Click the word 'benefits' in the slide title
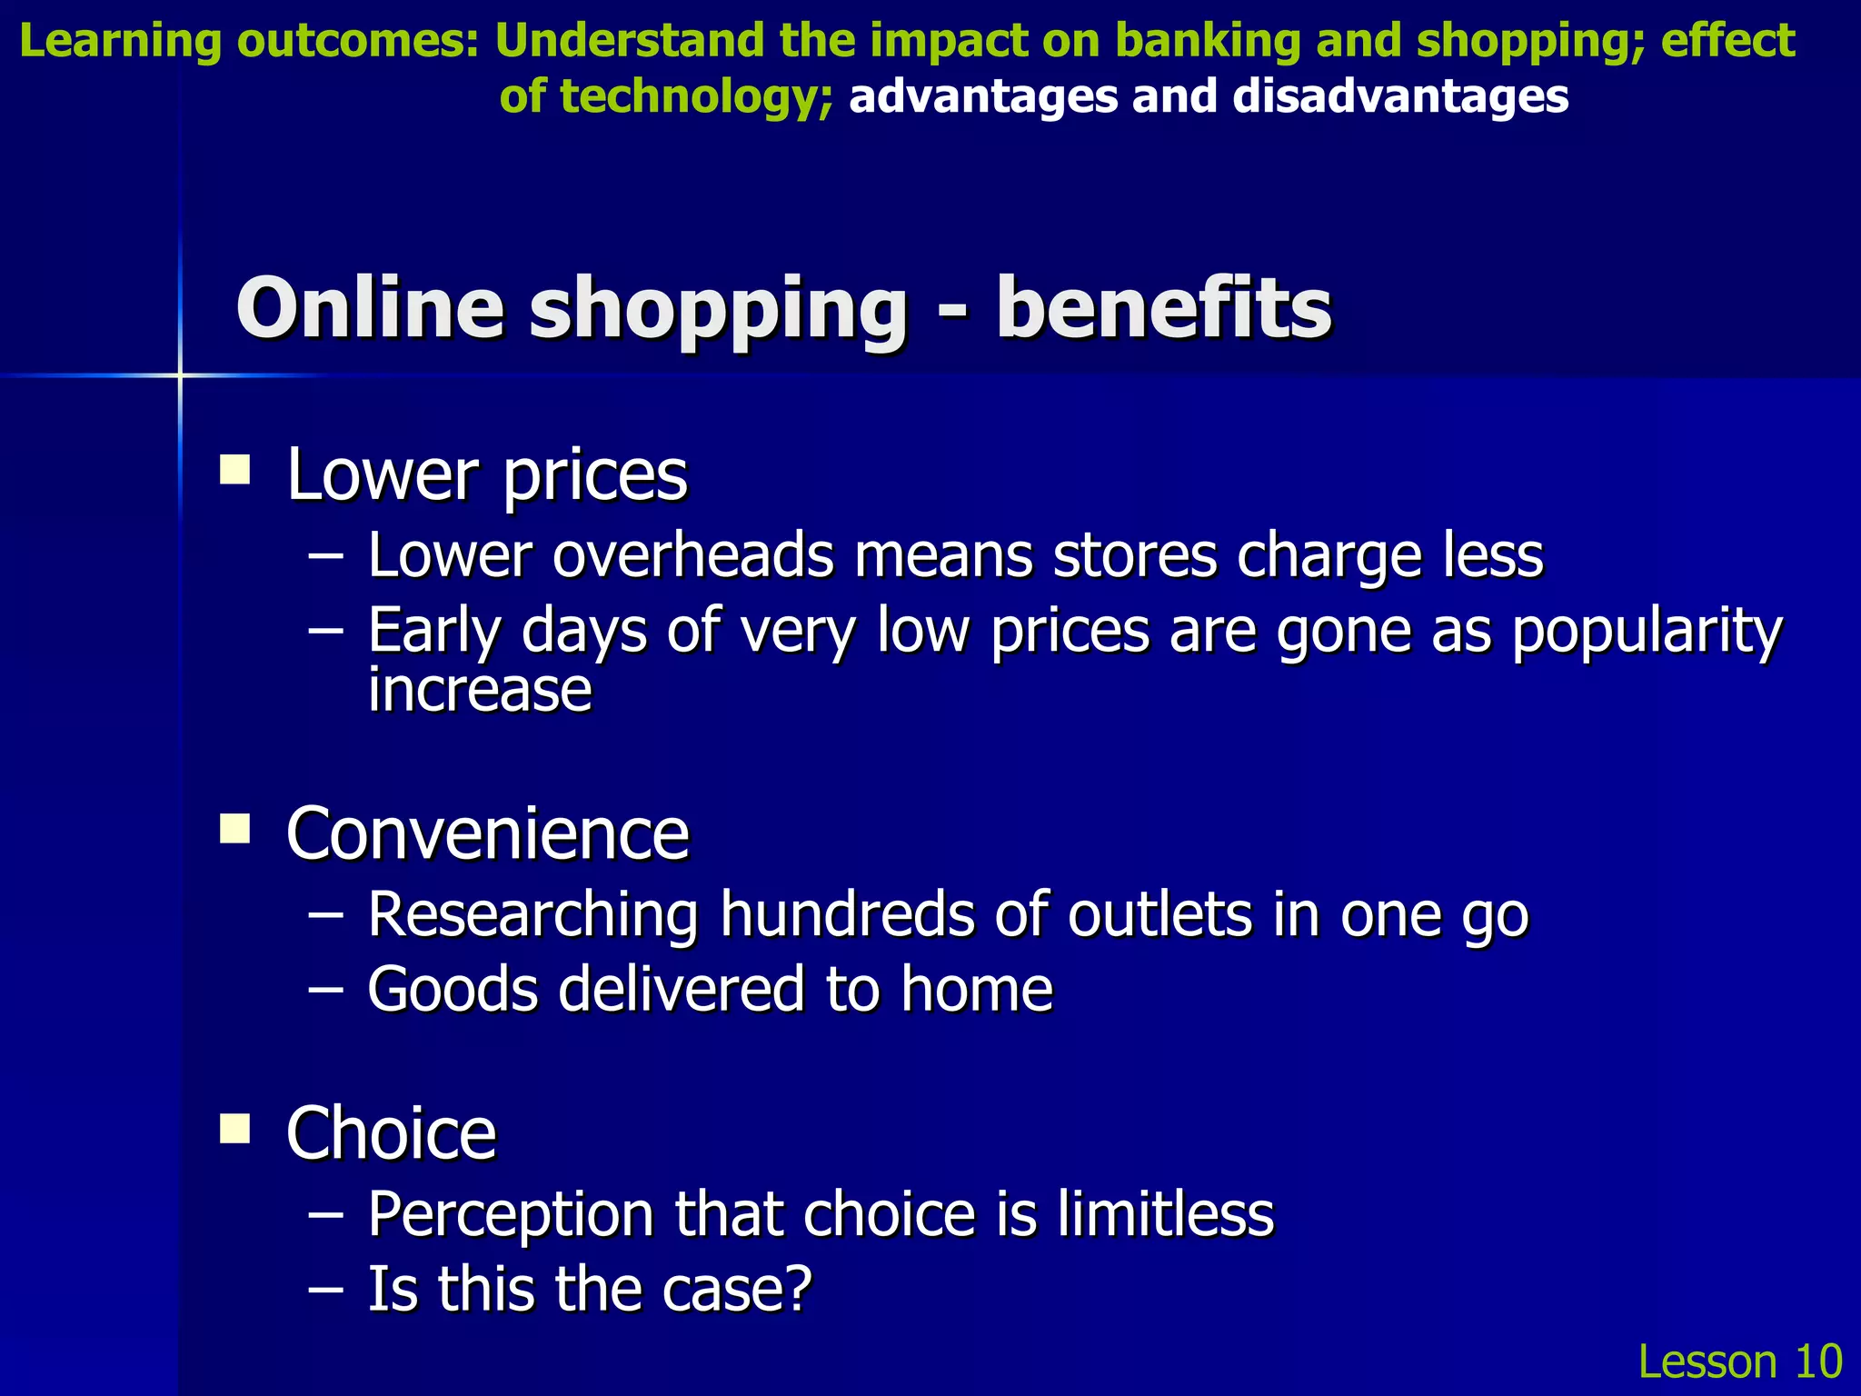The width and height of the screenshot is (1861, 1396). (1163, 309)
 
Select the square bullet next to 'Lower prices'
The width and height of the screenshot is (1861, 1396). (235, 471)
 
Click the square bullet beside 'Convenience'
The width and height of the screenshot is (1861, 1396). (235, 829)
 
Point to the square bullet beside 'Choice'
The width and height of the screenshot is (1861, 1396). (235, 1129)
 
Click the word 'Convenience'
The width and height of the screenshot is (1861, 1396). (487, 834)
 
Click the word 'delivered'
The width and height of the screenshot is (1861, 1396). (681, 989)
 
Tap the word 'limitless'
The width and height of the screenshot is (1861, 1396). (1165, 1214)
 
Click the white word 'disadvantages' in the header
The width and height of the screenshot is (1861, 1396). (1400, 96)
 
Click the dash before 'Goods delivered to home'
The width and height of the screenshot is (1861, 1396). (325, 989)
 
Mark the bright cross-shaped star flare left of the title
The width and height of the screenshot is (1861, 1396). (180, 374)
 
